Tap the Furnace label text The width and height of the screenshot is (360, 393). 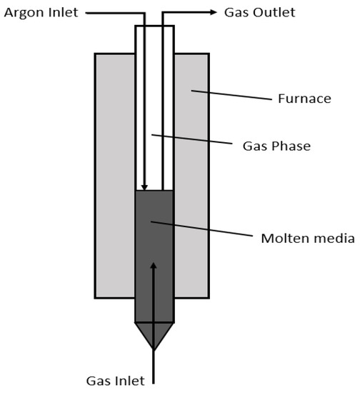pyautogui.click(x=304, y=99)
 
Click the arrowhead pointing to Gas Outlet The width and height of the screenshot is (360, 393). pyautogui.click(x=213, y=12)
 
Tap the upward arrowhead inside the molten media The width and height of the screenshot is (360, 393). pyautogui.click(x=154, y=267)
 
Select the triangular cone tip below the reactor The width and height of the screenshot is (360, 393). pyautogui.click(x=154, y=332)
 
